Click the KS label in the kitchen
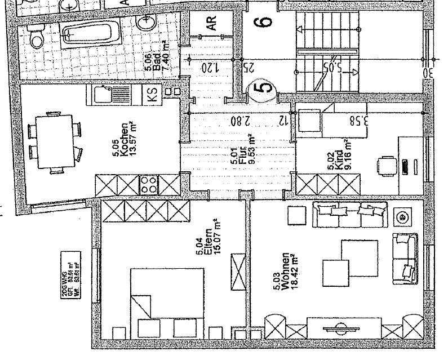point(153,94)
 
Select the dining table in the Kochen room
point(55,141)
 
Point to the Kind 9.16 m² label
point(336,161)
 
